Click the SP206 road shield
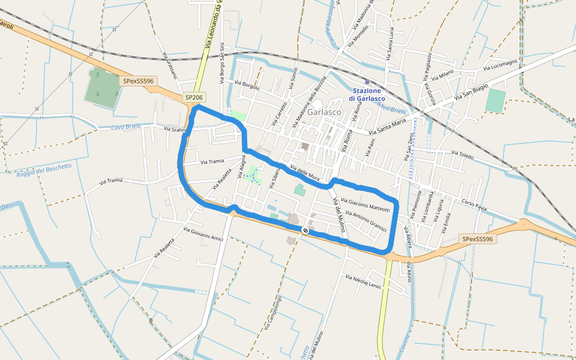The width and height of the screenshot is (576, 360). click(x=194, y=97)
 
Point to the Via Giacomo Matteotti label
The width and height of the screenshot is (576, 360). click(x=365, y=205)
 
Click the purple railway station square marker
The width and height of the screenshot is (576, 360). click(x=367, y=82)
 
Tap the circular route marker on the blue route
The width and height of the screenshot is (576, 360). click(x=305, y=230)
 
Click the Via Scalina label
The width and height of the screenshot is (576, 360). click(x=175, y=129)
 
